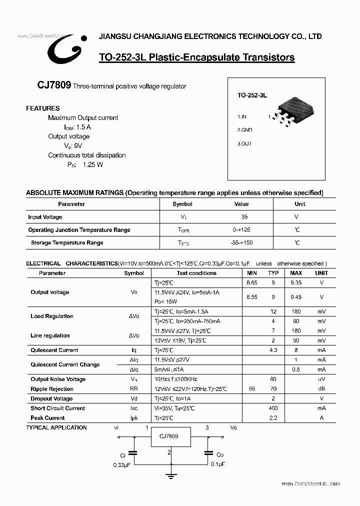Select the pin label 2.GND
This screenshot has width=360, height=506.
[244, 130]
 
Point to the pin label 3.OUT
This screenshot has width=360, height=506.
[244, 143]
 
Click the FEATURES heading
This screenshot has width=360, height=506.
[42, 108]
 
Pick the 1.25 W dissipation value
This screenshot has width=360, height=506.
[92, 164]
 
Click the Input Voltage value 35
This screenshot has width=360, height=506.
[244, 217]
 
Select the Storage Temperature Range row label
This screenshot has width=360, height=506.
[67, 242]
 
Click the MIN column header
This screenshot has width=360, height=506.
[252, 273]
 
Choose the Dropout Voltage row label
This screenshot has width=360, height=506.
[51, 398]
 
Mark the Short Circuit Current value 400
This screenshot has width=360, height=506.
[273, 408]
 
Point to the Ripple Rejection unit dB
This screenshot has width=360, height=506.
[321, 389]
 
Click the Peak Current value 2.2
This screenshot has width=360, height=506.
[273, 417]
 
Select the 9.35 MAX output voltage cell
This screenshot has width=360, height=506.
[296, 282]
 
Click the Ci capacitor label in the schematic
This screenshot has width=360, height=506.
[122, 455]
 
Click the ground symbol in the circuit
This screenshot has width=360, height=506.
[171, 476]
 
